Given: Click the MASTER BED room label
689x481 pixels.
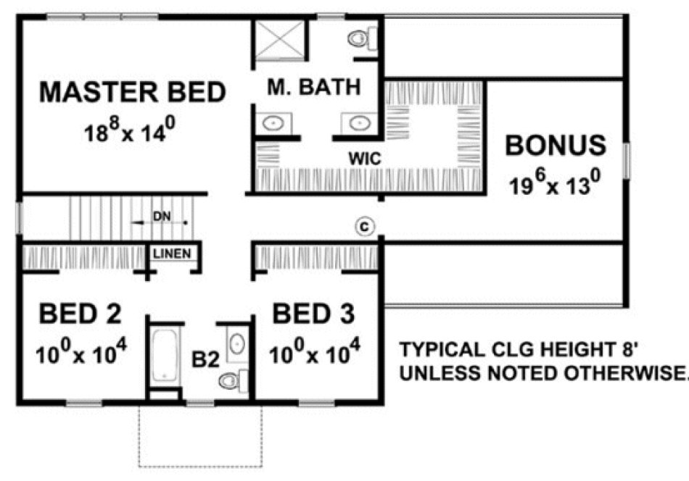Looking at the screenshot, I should (x=133, y=93).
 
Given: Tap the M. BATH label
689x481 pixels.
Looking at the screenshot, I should (x=313, y=88).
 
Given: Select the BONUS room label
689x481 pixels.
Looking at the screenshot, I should (x=556, y=145).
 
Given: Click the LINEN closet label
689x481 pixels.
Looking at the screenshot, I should (x=172, y=254).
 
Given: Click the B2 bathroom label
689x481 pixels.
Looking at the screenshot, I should (x=205, y=360).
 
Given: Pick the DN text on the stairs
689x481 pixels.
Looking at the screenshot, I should (x=161, y=217).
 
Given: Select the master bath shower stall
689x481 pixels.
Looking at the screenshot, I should (x=279, y=40).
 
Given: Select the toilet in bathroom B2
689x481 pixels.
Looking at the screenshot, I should (x=234, y=378).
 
